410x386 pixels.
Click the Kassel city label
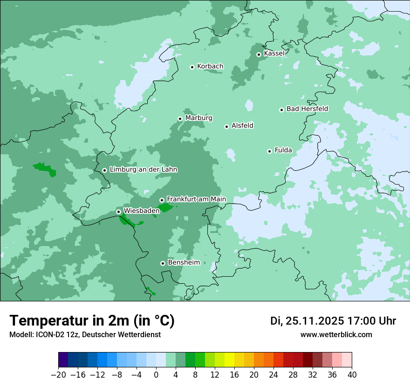click(x=274, y=53)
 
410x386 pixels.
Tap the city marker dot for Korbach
click(x=192, y=67)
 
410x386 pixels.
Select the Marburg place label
click(x=198, y=118)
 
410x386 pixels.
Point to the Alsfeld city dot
click(x=226, y=126)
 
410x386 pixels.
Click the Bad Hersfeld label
click(x=307, y=109)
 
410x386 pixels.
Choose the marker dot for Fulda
click(x=269, y=151)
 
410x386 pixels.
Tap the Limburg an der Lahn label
click(x=143, y=170)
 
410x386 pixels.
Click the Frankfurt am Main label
click(x=196, y=199)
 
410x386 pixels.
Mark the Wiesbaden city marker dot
click(x=118, y=212)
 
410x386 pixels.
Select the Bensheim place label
click(x=184, y=263)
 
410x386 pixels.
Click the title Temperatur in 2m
click(x=92, y=321)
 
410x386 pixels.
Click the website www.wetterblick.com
click(x=336, y=335)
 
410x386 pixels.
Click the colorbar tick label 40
click(x=352, y=375)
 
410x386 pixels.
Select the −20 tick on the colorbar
click(x=58, y=375)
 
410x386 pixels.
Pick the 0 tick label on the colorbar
click(x=156, y=375)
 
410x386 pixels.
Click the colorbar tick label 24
click(x=273, y=375)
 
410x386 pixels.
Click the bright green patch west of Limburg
click(x=45, y=169)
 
